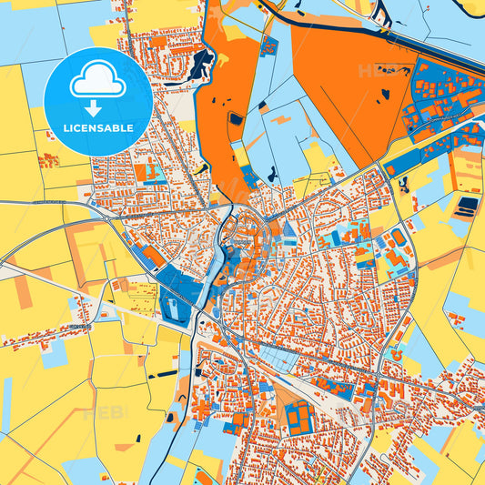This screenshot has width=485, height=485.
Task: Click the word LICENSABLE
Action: pyautogui.click(x=97, y=127)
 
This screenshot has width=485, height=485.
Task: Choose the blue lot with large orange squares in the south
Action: pyautogui.click(x=298, y=417)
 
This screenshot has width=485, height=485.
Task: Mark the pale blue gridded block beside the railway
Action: pyautogui.click(x=143, y=289)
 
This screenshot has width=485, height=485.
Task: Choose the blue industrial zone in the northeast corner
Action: pyautogui.click(x=441, y=96)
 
